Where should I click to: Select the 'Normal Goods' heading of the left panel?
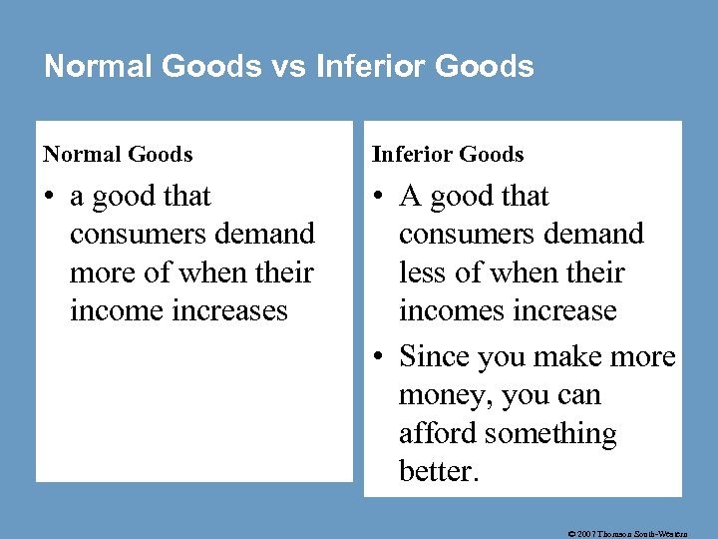point(118,154)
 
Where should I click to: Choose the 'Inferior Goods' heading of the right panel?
point(448,154)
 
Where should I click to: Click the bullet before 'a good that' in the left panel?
point(50,198)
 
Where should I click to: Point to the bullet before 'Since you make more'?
point(379,357)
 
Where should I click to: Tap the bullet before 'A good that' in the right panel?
point(379,198)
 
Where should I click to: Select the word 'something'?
point(551,434)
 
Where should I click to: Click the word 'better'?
point(437,471)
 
